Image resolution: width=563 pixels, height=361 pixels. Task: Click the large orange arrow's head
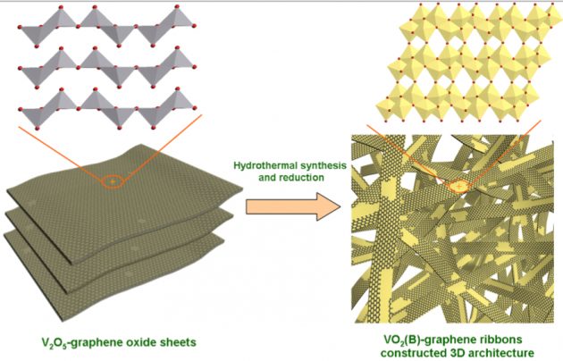coord(330,207)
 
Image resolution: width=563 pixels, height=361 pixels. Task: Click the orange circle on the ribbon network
coord(458,187)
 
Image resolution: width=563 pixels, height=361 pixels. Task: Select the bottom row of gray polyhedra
coord(116,111)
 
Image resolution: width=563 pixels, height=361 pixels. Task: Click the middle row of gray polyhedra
coord(116,67)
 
